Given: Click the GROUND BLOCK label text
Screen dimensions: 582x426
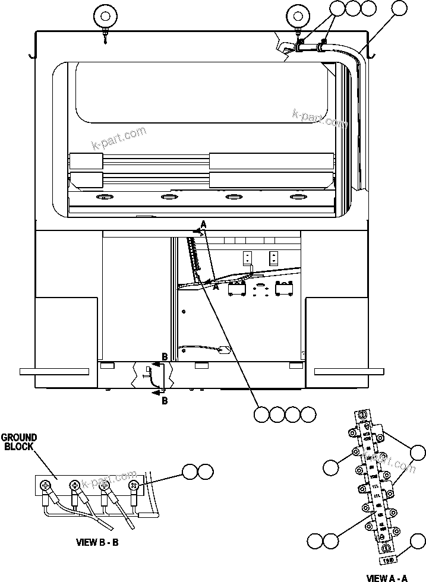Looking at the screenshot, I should (19, 442).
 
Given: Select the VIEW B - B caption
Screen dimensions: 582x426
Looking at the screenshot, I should (97, 542).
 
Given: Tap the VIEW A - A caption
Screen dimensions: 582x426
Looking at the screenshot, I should (386, 577).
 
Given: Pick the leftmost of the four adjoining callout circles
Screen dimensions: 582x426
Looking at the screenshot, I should (261, 414).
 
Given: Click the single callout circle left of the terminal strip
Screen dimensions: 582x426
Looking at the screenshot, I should (332, 467).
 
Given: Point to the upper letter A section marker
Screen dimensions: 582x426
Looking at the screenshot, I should (203, 224).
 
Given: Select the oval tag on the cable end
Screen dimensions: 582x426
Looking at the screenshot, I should (225, 351).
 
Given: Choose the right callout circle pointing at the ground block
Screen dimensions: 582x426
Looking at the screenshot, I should (206, 472).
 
